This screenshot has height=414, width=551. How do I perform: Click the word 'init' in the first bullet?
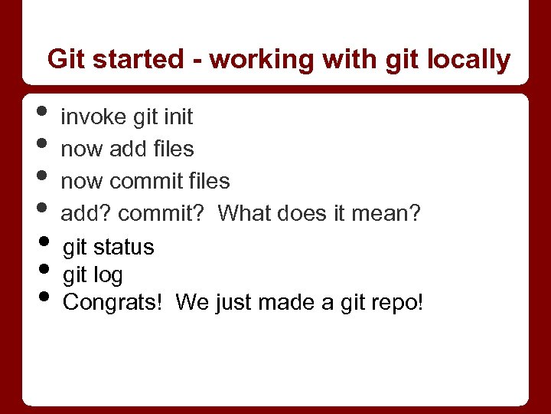(178, 117)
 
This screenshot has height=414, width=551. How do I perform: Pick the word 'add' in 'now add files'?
(127, 149)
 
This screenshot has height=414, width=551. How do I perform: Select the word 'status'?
(124, 248)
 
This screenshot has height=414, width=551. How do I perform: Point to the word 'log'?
(108, 275)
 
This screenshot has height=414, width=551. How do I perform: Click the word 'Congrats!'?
(113, 303)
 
